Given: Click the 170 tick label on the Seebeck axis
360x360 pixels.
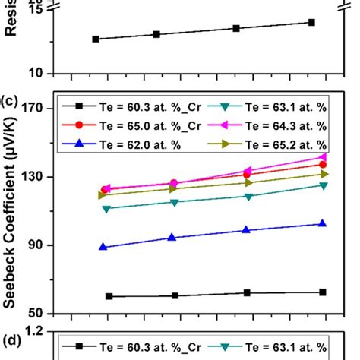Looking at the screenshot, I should point(37,108).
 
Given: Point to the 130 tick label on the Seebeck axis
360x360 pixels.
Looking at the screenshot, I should point(37,176).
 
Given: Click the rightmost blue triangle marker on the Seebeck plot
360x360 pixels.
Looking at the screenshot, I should point(323,223).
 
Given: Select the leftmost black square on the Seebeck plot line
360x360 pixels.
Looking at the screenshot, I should point(109,296).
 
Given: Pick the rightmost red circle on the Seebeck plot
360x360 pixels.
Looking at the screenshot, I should point(323,164).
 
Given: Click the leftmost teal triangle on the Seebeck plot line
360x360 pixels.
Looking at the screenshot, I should point(106,208).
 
